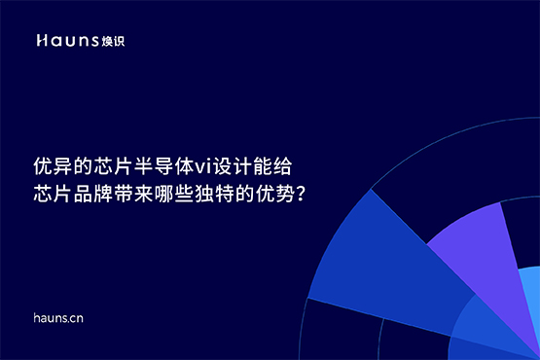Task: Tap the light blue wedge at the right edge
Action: [x=530, y=292]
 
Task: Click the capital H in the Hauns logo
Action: [x=42, y=41]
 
